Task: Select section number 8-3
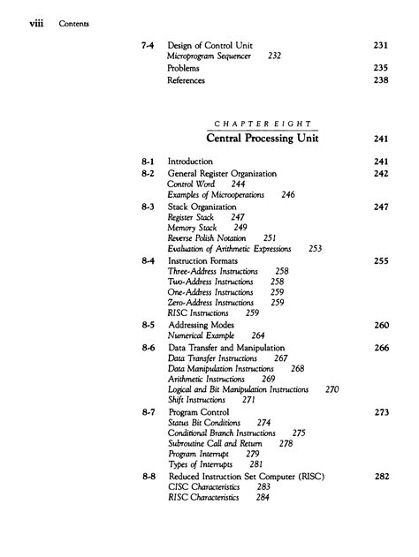pos(149,206)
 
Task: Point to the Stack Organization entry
pos(202,206)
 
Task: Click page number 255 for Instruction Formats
pos(382,260)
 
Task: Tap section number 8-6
pos(149,348)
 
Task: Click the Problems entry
pos(183,67)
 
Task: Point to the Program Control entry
pos(198,411)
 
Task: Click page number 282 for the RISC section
pos(382,476)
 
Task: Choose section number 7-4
pos(149,43)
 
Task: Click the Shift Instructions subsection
pos(200,399)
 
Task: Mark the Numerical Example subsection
pos(204,335)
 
